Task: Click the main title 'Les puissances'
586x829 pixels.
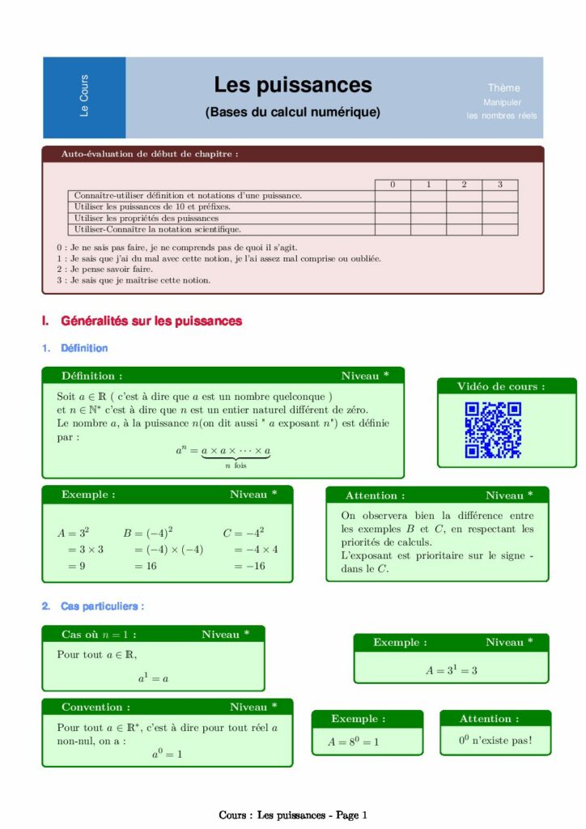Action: point(292,85)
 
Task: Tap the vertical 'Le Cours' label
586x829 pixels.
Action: point(84,96)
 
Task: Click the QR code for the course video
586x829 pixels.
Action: point(492,431)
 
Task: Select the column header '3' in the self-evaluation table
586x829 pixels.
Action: point(499,185)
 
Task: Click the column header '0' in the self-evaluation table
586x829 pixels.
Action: point(393,185)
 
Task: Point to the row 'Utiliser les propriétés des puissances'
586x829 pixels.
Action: point(146,219)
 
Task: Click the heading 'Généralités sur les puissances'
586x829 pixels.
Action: point(151,321)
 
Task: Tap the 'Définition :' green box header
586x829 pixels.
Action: point(92,376)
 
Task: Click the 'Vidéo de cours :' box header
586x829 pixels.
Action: point(500,387)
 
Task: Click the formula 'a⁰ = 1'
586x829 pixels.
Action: point(167,755)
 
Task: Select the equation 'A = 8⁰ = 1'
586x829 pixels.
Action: point(353,741)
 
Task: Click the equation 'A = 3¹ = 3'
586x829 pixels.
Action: point(451,670)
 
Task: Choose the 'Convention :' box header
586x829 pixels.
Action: point(96,707)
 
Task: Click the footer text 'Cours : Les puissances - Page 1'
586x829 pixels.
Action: point(293,815)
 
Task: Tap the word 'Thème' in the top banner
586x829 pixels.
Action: point(503,87)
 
